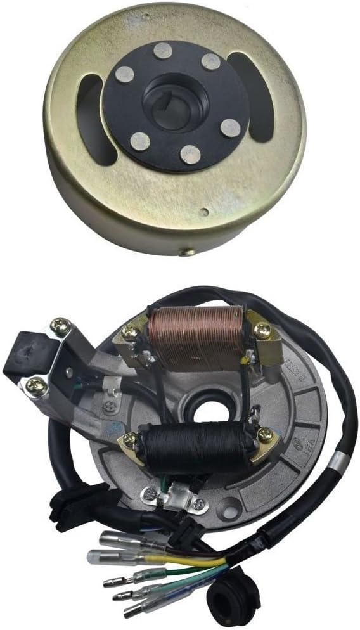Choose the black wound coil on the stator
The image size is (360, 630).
pyautogui.click(x=193, y=449)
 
